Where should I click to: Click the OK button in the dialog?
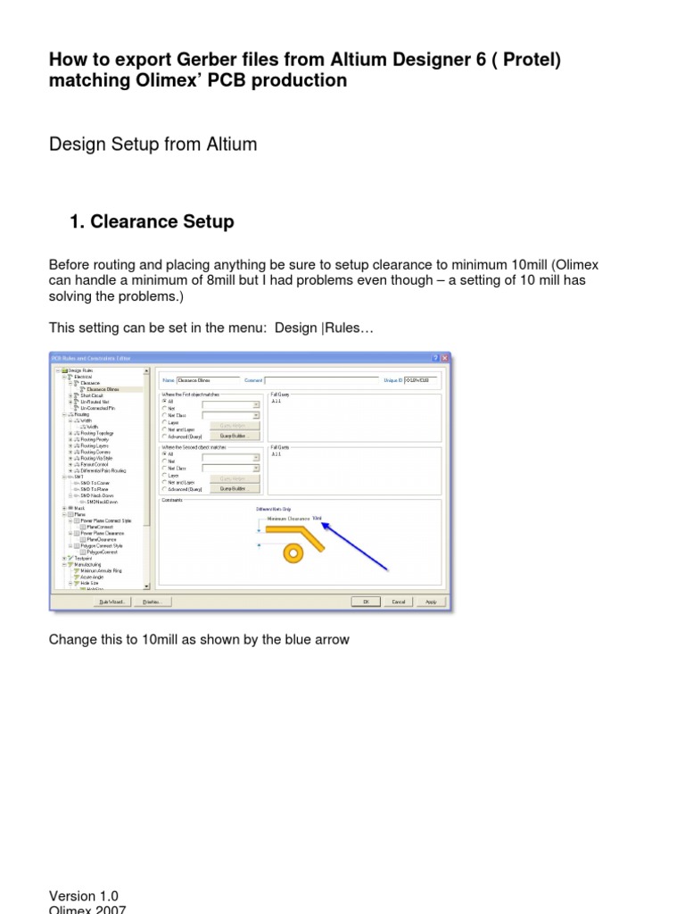point(366,602)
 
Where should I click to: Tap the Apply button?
point(431,602)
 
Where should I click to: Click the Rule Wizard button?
point(112,602)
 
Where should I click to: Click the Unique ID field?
point(423,380)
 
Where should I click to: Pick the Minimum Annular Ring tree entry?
point(101,570)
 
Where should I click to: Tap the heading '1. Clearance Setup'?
point(152,222)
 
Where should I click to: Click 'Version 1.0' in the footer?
point(84,896)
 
